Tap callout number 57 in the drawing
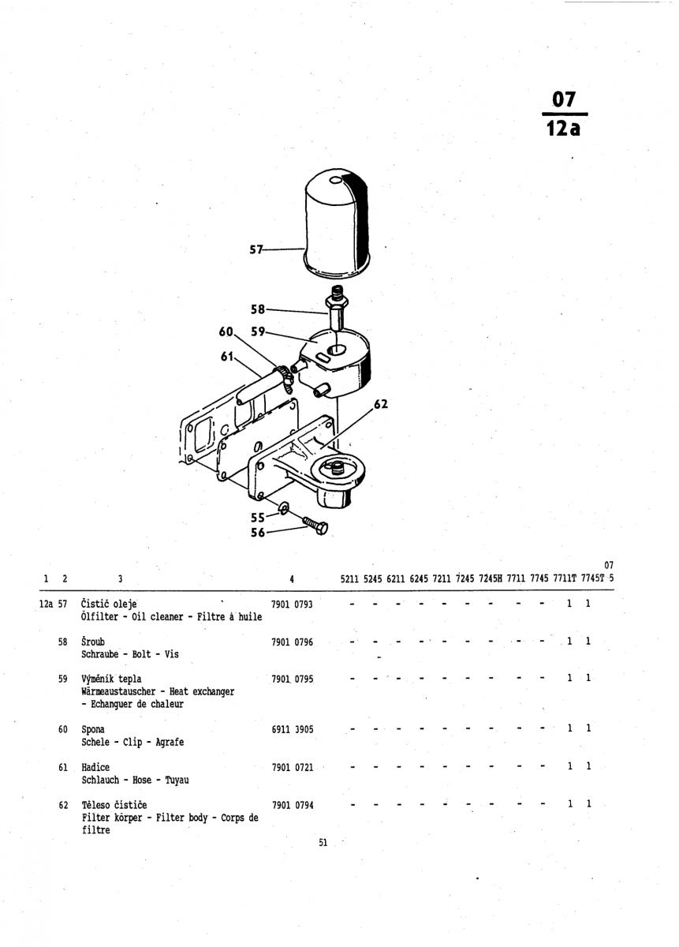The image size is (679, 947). pos(256,249)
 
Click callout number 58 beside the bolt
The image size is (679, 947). pos(258,309)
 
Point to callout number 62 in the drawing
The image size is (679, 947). pos(381,405)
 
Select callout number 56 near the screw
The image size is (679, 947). pos(258,533)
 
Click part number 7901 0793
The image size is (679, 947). pos(292,605)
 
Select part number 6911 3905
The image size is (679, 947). pos(292,730)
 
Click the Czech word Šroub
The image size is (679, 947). pos(93,642)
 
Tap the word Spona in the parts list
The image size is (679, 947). pos(93,730)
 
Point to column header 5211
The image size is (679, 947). pos(350,578)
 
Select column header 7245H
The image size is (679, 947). pos(490,578)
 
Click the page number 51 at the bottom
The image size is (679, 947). pos(323,843)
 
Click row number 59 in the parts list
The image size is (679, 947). pos(63,679)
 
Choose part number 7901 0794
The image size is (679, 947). pos(292,806)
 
